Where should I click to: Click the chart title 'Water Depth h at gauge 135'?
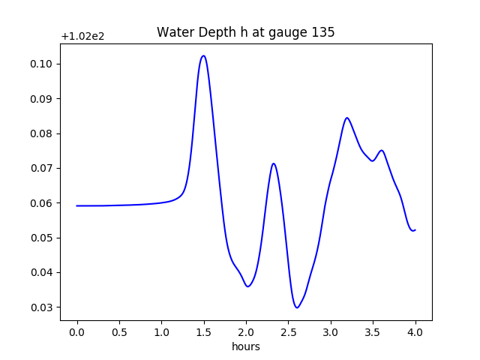[x=245, y=32]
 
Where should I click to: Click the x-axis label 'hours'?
[x=246, y=346]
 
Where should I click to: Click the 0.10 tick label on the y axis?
[x=42, y=64]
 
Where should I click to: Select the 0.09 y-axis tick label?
[x=42, y=99]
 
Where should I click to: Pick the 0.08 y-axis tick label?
[x=42, y=133]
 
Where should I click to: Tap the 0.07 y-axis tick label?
[x=42, y=169]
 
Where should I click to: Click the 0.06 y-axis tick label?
[x=42, y=203]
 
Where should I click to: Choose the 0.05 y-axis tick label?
[x=42, y=238]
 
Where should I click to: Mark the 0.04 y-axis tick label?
[x=42, y=272]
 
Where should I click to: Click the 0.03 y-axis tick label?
[x=42, y=307]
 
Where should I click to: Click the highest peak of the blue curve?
[x=203, y=55]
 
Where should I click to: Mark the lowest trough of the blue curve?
[x=297, y=307]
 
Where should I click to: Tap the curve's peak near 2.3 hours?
[x=274, y=163]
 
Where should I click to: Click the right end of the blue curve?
[x=415, y=229]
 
